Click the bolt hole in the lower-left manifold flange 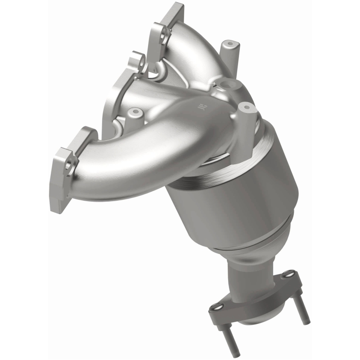point(69,165)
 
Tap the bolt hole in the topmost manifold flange point(164,32)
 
